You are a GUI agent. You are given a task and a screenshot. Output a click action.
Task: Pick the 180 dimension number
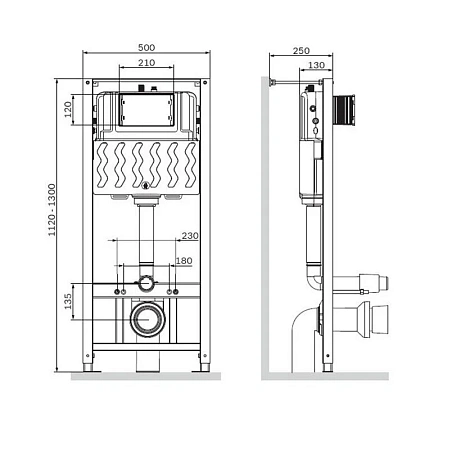coord(184,261)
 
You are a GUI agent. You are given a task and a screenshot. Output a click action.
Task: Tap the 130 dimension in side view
coord(317,66)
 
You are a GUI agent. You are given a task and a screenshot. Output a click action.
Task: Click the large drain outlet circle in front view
coord(147,322)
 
